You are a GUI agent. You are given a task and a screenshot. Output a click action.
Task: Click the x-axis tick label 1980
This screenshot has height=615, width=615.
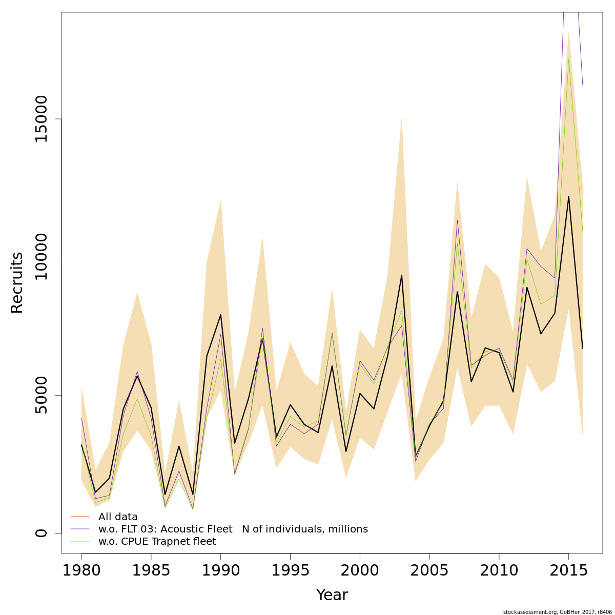81,570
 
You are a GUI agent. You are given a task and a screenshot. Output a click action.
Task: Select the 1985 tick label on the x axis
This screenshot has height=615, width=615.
151,570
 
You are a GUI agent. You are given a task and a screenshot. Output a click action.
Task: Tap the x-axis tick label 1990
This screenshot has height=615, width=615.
221,570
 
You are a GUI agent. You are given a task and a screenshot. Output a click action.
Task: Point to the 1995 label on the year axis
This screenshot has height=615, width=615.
291,570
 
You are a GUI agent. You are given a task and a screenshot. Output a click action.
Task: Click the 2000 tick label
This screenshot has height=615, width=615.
360,570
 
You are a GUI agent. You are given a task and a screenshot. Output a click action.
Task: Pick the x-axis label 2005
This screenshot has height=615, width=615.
429,570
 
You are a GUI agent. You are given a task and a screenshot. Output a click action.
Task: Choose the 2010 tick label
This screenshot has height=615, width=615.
499,570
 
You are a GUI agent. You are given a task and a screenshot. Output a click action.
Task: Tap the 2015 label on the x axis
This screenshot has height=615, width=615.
569,570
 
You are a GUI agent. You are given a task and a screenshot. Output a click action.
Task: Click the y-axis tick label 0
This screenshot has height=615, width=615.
42,533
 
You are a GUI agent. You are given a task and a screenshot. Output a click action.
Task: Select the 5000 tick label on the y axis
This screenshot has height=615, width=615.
42,395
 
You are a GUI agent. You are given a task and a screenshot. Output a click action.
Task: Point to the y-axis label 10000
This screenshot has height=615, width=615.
42,257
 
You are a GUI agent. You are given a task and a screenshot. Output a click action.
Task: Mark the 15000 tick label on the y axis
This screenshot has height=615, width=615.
42,119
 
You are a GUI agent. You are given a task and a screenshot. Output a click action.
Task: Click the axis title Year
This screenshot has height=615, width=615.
332,595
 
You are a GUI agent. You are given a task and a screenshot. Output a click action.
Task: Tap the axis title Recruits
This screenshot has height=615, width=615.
17,282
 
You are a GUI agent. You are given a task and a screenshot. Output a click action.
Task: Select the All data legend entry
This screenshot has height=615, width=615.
118,517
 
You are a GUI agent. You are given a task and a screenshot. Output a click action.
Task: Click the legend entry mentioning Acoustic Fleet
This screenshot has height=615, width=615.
233,529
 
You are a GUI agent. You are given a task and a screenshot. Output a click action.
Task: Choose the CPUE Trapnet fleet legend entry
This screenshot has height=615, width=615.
157,542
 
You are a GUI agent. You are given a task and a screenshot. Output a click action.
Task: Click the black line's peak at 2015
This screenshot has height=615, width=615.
568,197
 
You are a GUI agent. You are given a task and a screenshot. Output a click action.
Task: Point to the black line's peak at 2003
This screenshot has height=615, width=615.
401,276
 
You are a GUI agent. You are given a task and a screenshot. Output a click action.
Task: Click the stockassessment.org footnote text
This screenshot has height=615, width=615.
557,612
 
